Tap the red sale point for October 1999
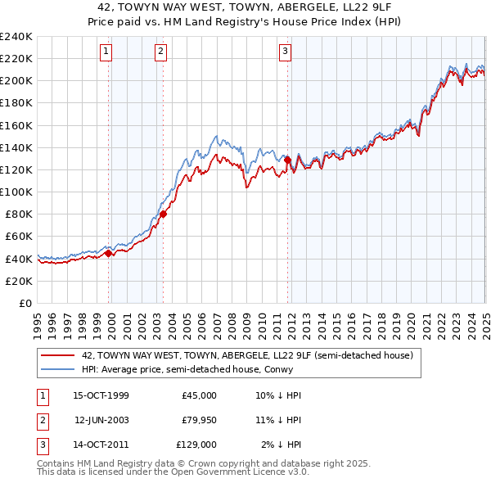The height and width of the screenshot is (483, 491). pyautogui.click(x=109, y=254)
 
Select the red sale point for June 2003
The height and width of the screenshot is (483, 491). pyautogui.click(x=163, y=214)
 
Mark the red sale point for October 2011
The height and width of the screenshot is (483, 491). pyautogui.click(x=287, y=160)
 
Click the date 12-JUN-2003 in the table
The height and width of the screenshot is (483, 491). pyautogui.click(x=101, y=420)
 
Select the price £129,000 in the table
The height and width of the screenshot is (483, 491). pyautogui.click(x=196, y=445)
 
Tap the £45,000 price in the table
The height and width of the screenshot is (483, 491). pyautogui.click(x=199, y=395)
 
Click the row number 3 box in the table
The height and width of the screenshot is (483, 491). pyautogui.click(x=40, y=445)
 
